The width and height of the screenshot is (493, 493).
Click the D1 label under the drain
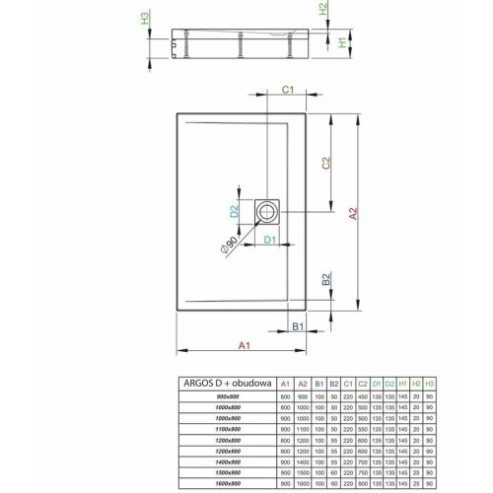(269, 240)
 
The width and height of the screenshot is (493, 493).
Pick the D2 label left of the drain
(235, 211)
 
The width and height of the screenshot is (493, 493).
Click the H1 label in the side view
(342, 43)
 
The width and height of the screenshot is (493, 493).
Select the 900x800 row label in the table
(228, 395)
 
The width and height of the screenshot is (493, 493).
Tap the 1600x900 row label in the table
(228, 483)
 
